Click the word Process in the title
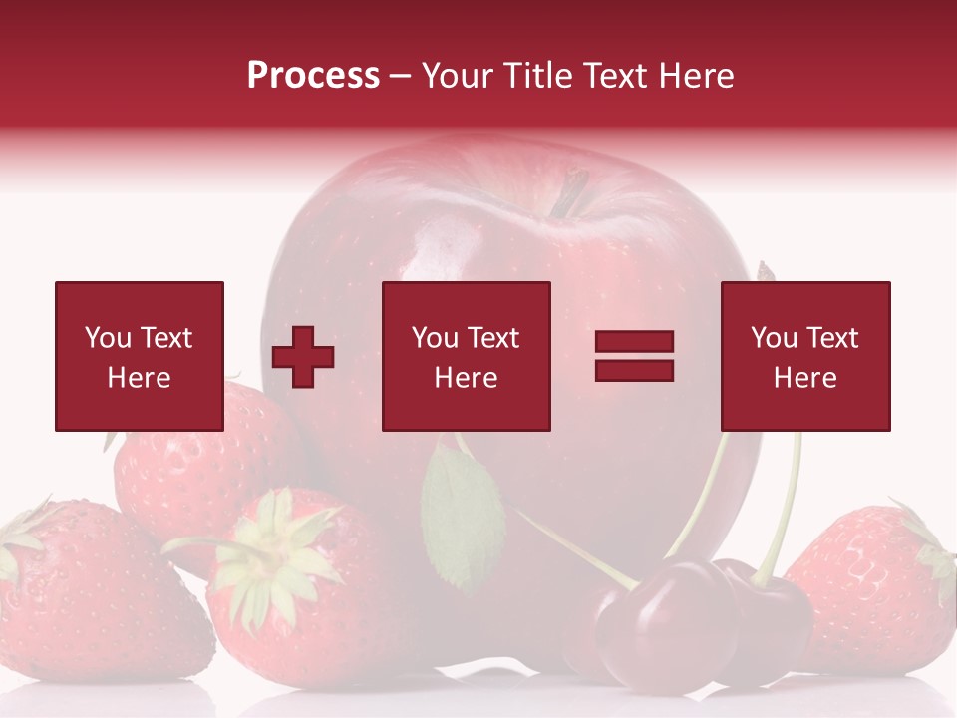point(313,76)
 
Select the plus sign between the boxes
point(303,357)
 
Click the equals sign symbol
point(634,356)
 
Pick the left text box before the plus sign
point(140,356)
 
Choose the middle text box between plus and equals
point(466,356)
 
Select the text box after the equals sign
point(805,356)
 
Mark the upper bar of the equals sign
point(634,342)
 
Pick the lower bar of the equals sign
point(634,370)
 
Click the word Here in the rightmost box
point(805,377)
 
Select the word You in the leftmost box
point(108,338)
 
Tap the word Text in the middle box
point(492,338)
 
